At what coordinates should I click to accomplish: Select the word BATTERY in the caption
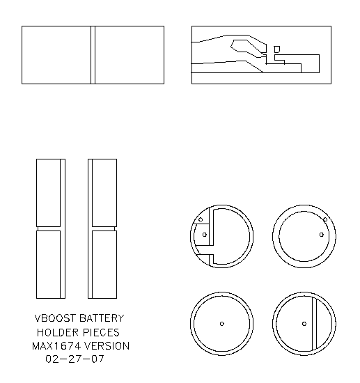coord(102,319)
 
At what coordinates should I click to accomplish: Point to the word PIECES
coord(102,333)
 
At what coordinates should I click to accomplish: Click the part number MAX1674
coord(55,346)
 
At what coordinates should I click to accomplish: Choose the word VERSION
coord(105,346)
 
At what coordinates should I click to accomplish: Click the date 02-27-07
coord(73,360)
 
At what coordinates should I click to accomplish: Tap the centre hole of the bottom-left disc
coord(221,324)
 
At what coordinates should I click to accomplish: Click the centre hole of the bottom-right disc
coord(304,324)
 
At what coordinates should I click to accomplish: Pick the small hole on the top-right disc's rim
coord(324,221)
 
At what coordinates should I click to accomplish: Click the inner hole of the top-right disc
coord(321,235)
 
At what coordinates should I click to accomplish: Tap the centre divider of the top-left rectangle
coord(93,55)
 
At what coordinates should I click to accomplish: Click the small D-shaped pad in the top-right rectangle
coord(276,49)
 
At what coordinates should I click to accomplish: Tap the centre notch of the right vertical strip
coord(102,228)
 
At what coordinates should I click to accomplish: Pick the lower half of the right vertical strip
coord(102,265)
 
